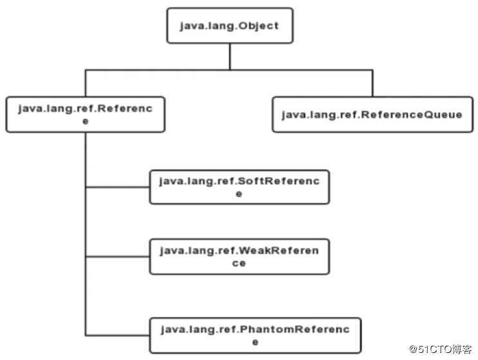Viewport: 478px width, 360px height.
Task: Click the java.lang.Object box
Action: tap(229, 26)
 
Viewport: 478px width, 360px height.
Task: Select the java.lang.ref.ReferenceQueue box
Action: tap(372, 115)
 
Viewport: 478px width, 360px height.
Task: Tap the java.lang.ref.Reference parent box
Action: tap(84, 115)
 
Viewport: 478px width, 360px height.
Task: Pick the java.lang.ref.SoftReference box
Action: tap(239, 187)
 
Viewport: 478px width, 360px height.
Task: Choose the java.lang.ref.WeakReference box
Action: tap(239, 256)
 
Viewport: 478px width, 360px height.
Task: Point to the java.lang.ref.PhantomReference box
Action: tap(255, 335)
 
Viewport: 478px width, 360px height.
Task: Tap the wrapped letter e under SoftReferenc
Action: tap(239, 194)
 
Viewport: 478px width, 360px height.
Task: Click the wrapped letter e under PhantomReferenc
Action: tap(255, 342)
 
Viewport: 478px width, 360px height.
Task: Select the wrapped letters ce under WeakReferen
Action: tap(239, 263)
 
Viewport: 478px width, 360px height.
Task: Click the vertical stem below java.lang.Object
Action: tap(229, 57)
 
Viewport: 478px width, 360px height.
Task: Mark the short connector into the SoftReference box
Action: tap(118, 187)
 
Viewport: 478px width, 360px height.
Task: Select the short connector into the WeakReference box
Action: tap(118, 257)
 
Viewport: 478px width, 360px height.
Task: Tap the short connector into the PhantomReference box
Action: tap(118, 336)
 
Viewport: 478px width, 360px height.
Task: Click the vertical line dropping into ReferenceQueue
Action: tap(372, 83)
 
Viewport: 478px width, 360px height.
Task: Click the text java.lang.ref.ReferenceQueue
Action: tap(372, 115)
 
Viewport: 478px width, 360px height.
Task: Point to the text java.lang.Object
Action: tap(229, 26)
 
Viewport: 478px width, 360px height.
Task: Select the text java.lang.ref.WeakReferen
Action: tap(239, 250)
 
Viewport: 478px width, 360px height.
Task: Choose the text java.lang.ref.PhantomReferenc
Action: tap(255, 329)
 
